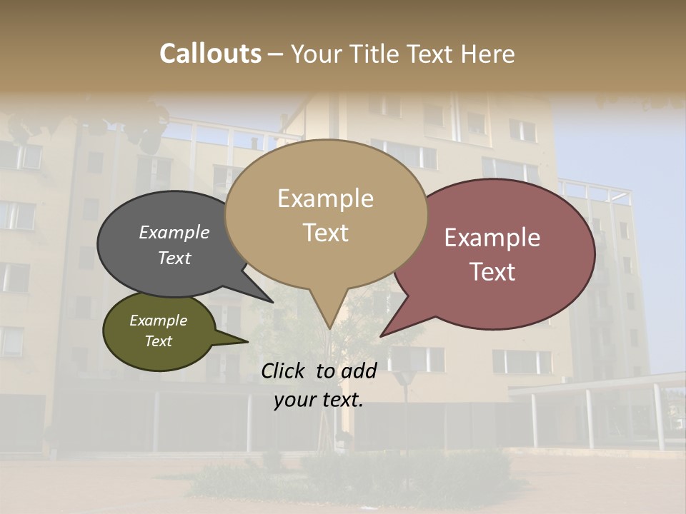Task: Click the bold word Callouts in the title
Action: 211,54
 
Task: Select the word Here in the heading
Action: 486,54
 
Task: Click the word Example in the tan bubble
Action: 325,198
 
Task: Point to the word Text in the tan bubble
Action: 325,233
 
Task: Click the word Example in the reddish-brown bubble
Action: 492,238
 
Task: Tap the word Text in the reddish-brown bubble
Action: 492,272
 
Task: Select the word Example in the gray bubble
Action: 174,233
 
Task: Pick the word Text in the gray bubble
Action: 174,258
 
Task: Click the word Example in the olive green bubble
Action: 159,321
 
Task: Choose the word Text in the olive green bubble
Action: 159,341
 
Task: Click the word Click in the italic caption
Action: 284,371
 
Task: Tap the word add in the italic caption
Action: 359,371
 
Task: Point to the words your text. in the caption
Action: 319,400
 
